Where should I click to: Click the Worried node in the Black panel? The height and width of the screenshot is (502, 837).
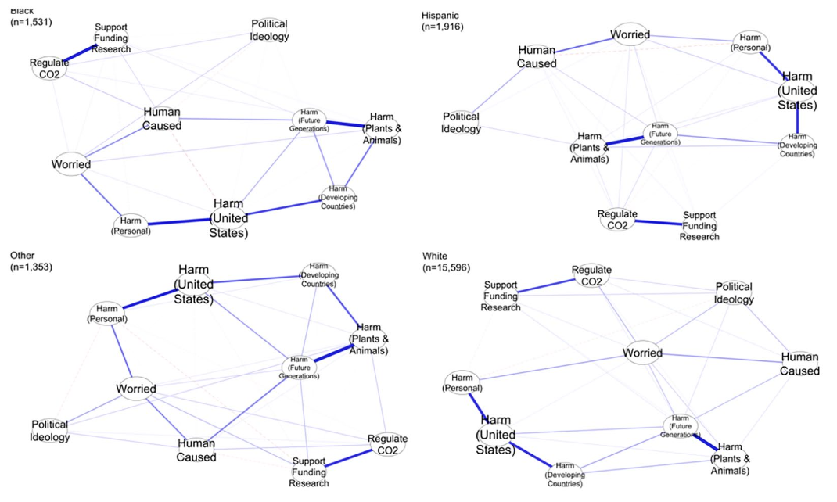click(x=71, y=164)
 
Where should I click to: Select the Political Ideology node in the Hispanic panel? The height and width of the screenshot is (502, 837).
click(x=462, y=123)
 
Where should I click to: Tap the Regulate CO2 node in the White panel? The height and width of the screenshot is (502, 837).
click(x=591, y=275)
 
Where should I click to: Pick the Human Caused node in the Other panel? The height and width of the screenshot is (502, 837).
click(x=196, y=450)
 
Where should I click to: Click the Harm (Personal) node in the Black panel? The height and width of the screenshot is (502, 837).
click(x=131, y=225)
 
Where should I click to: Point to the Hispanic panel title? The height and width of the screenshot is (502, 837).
click(x=440, y=15)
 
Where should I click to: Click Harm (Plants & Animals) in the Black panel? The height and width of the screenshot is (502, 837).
click(x=382, y=129)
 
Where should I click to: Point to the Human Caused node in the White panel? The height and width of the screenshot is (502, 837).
click(x=799, y=364)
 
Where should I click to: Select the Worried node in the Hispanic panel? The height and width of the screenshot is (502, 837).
click(x=631, y=35)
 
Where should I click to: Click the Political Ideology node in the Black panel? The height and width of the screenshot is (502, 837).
click(x=269, y=30)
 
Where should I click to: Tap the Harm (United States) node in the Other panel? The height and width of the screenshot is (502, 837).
click(x=195, y=284)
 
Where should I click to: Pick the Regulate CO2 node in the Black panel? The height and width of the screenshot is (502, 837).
click(x=49, y=68)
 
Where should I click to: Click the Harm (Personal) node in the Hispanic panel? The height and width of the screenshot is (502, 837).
click(x=751, y=43)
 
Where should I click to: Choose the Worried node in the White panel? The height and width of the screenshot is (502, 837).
click(x=642, y=353)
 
